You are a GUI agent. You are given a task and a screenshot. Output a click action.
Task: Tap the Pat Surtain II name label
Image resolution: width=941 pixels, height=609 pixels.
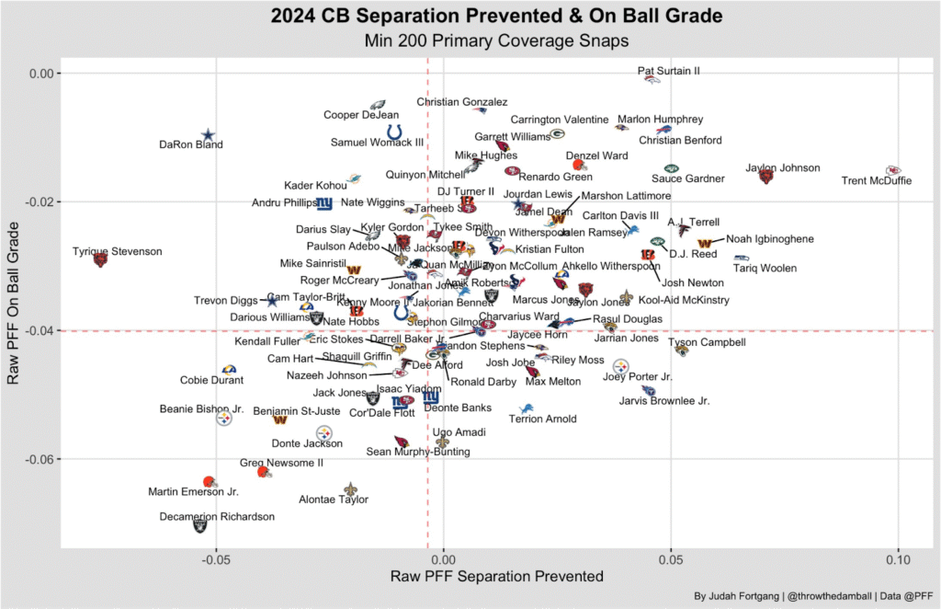669,71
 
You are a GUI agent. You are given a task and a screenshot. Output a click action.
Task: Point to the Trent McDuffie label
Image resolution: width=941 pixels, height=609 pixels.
877,181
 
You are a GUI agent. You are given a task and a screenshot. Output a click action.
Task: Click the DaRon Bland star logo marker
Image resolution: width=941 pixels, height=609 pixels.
209,135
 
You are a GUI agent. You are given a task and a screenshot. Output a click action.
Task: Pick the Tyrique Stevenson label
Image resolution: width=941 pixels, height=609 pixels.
118,251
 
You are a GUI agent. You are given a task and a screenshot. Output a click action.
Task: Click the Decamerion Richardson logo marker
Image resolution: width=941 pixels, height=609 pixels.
200,525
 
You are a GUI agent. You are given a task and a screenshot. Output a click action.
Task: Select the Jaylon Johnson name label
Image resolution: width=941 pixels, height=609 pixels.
783,168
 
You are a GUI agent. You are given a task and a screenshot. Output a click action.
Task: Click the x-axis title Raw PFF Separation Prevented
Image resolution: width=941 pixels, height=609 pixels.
496,577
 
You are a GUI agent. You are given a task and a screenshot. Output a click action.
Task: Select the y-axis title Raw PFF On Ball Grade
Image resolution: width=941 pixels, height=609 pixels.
13,304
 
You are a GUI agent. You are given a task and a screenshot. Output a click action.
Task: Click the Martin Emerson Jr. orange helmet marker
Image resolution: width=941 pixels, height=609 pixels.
209,482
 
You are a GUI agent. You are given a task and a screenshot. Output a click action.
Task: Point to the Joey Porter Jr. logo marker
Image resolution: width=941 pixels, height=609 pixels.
622,367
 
